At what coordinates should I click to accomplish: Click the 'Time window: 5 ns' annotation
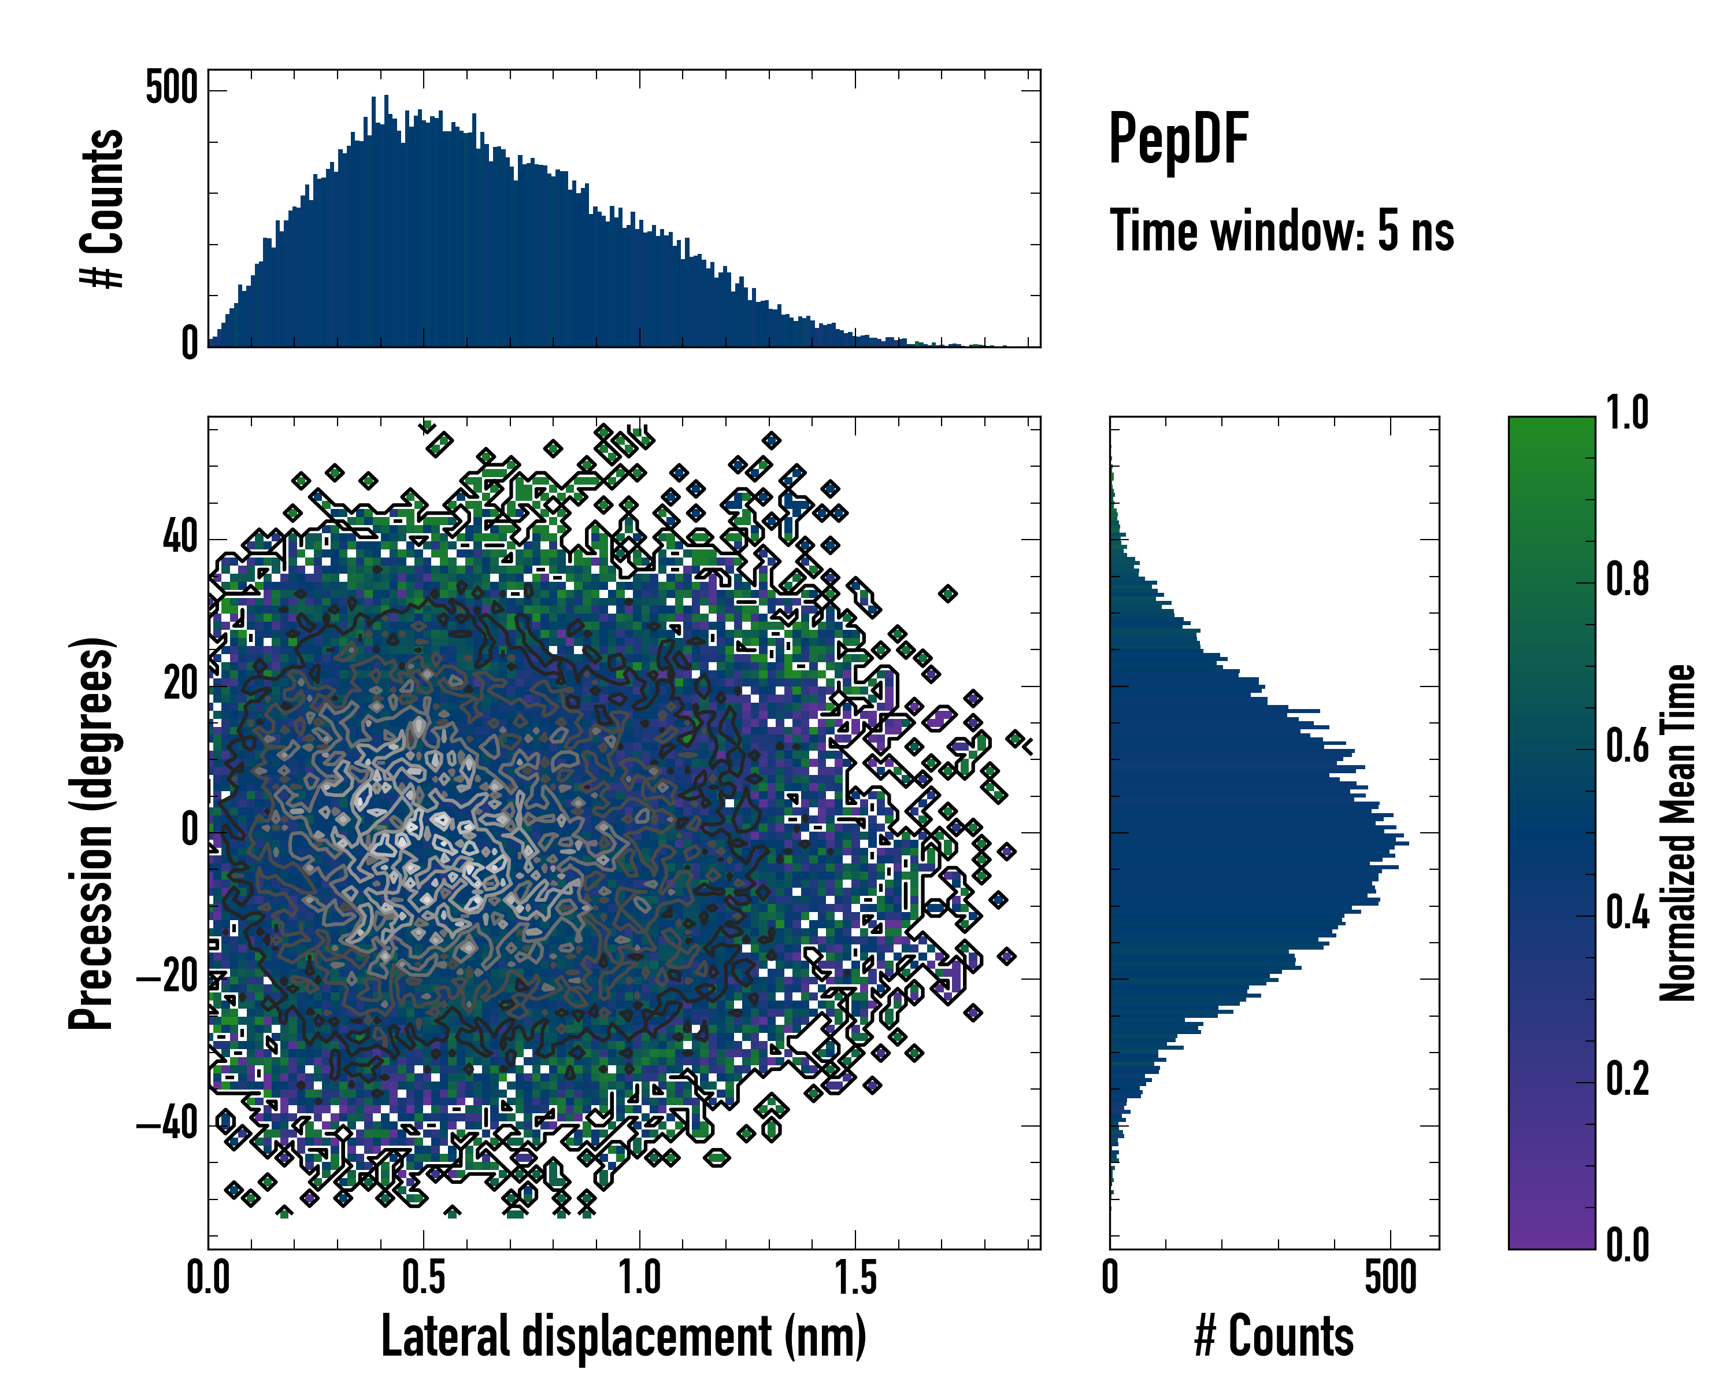[x=1282, y=231]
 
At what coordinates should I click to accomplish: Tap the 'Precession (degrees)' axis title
[x=91, y=833]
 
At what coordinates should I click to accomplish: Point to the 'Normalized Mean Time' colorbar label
[x=1678, y=833]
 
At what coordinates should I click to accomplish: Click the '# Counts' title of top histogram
[x=102, y=208]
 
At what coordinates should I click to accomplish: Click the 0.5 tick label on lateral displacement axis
[x=424, y=1278]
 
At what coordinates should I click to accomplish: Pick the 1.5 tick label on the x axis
[x=855, y=1278]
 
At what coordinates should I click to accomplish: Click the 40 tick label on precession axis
[x=180, y=538]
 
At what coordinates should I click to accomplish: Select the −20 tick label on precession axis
[x=167, y=979]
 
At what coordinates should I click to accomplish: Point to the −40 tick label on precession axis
[x=167, y=1125]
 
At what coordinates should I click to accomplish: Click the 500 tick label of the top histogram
[x=171, y=88]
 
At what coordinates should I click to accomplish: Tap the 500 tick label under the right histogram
[x=1391, y=1278]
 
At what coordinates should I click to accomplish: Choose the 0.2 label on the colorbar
[x=1627, y=1080]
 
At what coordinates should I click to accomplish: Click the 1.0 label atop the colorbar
[x=1627, y=414]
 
